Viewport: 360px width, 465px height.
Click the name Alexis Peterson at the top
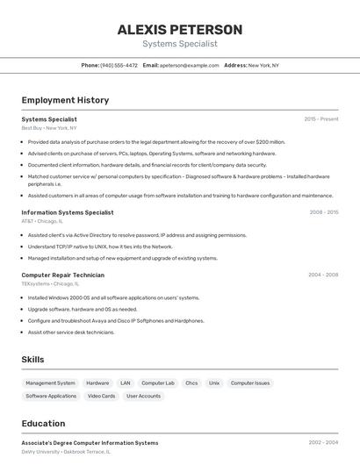point(180,29)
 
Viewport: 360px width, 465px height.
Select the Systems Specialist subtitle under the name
point(180,44)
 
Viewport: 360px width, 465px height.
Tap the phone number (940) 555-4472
point(119,66)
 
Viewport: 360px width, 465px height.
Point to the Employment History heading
point(65,100)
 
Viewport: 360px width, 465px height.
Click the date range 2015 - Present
point(321,119)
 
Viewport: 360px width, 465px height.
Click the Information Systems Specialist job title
point(68,212)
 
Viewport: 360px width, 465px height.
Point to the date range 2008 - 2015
point(324,212)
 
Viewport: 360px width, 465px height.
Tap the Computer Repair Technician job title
point(62,275)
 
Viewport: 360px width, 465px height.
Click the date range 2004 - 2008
point(323,275)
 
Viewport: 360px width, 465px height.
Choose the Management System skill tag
point(50,383)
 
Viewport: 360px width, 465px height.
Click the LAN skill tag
point(126,383)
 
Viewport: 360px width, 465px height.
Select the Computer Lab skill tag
point(158,383)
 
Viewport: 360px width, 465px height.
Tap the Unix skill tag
point(214,383)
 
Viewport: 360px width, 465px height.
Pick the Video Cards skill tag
point(101,396)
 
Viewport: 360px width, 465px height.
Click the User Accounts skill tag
point(143,396)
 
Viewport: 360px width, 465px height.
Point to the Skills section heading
point(33,360)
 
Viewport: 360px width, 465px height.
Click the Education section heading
point(43,424)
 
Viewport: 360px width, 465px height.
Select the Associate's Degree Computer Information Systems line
point(90,443)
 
